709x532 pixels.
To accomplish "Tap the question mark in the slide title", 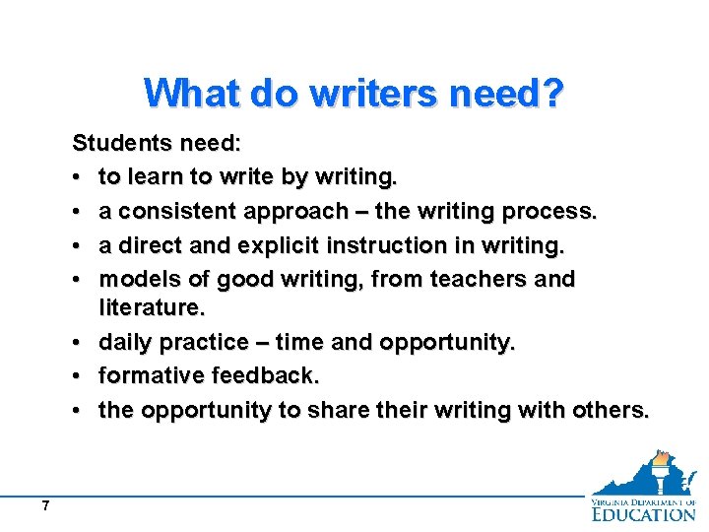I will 553,94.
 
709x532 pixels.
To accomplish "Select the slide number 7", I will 45,506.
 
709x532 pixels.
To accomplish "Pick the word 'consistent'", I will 173,212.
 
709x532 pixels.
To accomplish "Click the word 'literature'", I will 150,308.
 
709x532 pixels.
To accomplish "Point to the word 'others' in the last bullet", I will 610,410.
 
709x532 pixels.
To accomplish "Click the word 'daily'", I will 125,342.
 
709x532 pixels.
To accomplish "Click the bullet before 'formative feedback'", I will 79,376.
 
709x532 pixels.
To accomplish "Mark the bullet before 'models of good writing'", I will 79,280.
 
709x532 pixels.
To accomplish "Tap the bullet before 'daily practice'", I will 79,342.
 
